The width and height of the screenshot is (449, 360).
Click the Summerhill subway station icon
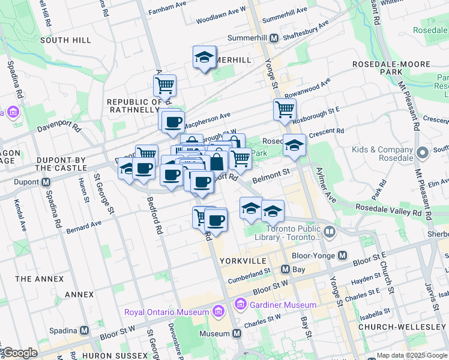[274, 38]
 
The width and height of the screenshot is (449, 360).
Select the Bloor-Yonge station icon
[342, 256]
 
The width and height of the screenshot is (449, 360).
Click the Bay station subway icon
[286, 270]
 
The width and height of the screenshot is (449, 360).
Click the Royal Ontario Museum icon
[217, 311]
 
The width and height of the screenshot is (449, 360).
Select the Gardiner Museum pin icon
[241, 305]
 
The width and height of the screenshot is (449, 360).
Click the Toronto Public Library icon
[330, 232]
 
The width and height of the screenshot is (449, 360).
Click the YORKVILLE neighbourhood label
[243, 261]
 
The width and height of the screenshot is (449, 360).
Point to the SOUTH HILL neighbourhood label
[65, 40]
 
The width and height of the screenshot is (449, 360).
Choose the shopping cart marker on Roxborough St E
[285, 109]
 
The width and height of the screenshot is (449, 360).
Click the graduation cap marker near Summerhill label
[205, 58]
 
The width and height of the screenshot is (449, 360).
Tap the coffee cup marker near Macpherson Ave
[173, 122]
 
